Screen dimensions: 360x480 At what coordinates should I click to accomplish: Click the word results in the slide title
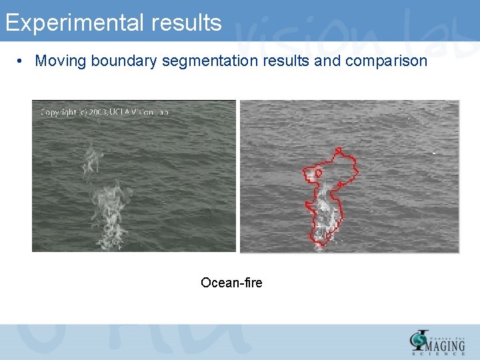tap(186, 23)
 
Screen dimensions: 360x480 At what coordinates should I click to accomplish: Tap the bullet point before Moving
tap(21, 61)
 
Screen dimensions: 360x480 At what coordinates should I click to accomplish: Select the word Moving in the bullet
tap(61, 61)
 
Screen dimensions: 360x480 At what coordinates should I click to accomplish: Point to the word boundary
tap(123, 61)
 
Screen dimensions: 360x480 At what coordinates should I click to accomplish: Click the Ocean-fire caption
tap(231, 283)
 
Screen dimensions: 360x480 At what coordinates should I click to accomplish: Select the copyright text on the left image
tap(105, 112)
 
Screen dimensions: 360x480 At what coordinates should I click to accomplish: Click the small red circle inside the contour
tap(318, 173)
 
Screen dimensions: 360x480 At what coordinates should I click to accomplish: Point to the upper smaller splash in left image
tap(91, 160)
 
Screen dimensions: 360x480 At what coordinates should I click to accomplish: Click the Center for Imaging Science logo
tap(437, 341)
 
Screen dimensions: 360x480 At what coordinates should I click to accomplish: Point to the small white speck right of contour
tap(434, 153)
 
